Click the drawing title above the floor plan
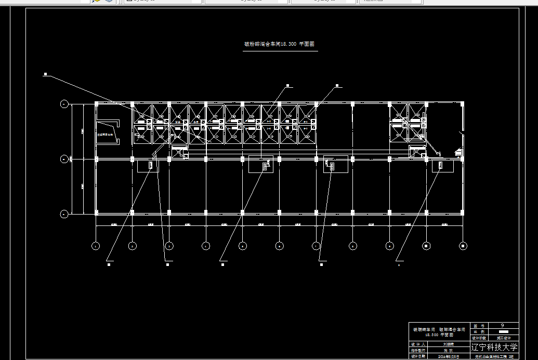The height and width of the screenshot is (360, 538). click(x=280, y=45)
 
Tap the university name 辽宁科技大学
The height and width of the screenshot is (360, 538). click(x=494, y=347)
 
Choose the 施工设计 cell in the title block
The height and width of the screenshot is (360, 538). click(x=502, y=338)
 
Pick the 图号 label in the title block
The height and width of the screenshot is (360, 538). click(x=479, y=325)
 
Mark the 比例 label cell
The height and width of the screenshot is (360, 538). click(x=479, y=331)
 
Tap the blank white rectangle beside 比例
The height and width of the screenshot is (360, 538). click(x=503, y=331)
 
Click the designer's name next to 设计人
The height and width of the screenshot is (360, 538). click(x=448, y=344)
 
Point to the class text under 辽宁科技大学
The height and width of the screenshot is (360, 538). click(x=494, y=357)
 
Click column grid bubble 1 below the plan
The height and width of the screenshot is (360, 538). click(x=96, y=246)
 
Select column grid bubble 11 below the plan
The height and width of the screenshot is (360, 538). click(x=463, y=246)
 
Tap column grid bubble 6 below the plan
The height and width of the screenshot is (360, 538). click(x=279, y=246)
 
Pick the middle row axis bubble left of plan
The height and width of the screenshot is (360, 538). click(x=64, y=159)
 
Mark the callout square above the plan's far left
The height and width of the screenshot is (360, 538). click(x=46, y=75)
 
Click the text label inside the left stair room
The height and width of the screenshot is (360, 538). click(x=104, y=135)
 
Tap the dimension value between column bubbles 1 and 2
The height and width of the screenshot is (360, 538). click(x=114, y=224)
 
